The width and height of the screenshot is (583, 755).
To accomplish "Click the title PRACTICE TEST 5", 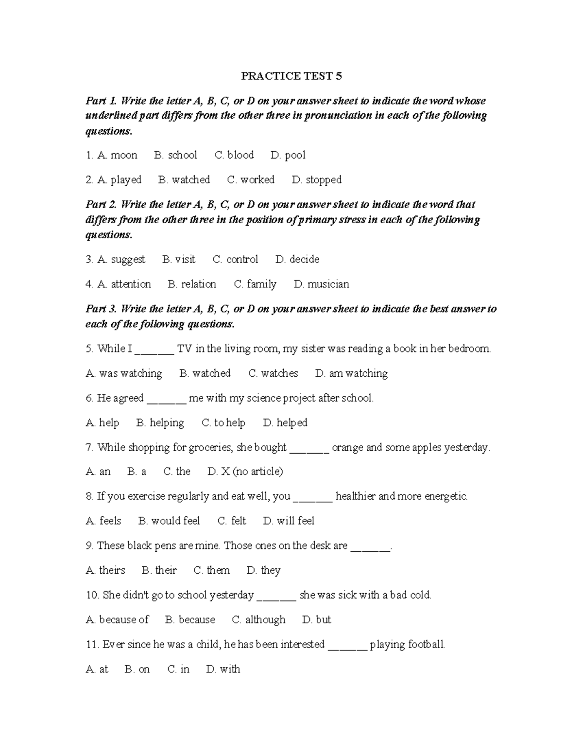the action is click(x=291, y=76).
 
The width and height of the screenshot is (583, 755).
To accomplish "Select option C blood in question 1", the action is click(x=234, y=155).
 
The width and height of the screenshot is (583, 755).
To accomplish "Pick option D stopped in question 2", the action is click(x=317, y=180).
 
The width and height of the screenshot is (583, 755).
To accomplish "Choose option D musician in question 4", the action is click(x=322, y=284).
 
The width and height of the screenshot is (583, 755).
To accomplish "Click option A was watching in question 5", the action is click(x=124, y=373).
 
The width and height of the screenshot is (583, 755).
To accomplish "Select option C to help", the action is click(x=223, y=423).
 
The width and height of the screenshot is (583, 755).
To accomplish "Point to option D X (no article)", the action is click(x=245, y=472).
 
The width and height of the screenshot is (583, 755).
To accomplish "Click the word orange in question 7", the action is click(x=347, y=447).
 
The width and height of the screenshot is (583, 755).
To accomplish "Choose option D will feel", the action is click(x=289, y=521).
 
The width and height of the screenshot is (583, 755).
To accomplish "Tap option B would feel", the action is click(x=169, y=521).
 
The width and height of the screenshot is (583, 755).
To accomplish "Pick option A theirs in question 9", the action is click(x=105, y=570).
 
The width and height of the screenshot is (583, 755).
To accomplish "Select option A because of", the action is click(x=117, y=620).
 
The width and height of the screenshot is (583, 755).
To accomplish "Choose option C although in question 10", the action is click(x=259, y=620).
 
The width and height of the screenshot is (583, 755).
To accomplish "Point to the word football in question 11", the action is click(x=426, y=645).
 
